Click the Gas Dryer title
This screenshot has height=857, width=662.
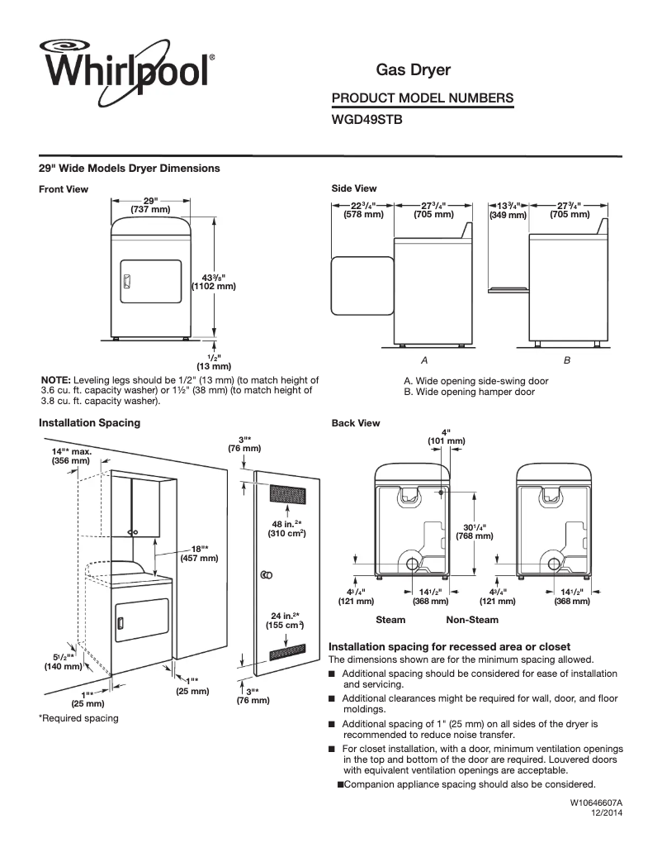(x=413, y=71)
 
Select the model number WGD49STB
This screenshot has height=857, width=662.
(x=366, y=119)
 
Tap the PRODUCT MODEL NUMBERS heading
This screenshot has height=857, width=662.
(x=422, y=98)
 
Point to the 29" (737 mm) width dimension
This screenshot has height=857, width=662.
(x=150, y=205)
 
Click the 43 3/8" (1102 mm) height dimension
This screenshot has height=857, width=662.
(x=214, y=282)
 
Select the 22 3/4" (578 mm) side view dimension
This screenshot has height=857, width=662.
(x=363, y=209)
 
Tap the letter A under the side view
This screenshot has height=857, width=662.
(x=423, y=361)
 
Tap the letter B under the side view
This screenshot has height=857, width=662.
(x=566, y=361)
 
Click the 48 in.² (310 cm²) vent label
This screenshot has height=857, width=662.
(x=286, y=529)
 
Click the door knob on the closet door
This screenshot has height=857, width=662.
(x=267, y=574)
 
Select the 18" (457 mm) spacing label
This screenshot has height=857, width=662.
(x=199, y=553)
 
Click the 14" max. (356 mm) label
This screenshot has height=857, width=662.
(x=71, y=457)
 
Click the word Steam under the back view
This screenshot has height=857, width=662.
(x=390, y=619)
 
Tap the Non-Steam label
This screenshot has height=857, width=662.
(x=472, y=619)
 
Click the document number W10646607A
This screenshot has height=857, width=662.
(x=595, y=802)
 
